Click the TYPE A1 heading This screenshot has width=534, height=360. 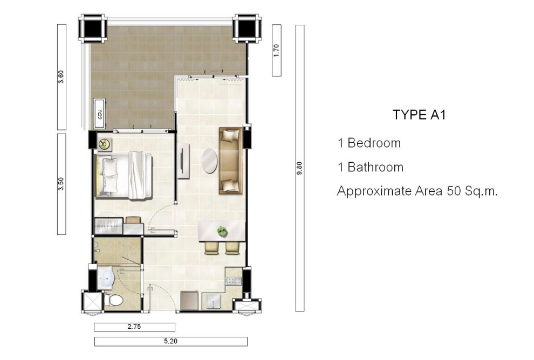pyautogui.click(x=419, y=115)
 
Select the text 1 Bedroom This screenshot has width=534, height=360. pyautogui.click(x=369, y=143)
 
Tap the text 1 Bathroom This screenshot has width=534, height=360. pyautogui.click(x=371, y=167)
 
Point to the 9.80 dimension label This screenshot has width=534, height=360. pyautogui.click(x=299, y=168)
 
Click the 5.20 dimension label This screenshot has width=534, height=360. pyautogui.click(x=170, y=341)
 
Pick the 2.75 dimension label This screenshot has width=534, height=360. pyautogui.click(x=134, y=327)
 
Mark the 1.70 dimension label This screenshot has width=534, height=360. pyautogui.click(x=276, y=50)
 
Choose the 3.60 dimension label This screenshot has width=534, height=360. pyautogui.click(x=61, y=77)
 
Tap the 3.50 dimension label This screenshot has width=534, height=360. pyautogui.click(x=61, y=184)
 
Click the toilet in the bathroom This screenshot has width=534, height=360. pyautogui.click(x=114, y=300)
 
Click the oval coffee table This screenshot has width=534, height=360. pyautogui.click(x=209, y=161)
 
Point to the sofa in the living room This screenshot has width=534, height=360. pyautogui.click(x=230, y=161)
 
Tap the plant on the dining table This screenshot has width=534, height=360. pyautogui.click(x=222, y=232)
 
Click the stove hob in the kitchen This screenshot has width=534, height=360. pyautogui.click(x=233, y=281)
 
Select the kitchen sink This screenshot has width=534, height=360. pyautogui.click(x=213, y=301)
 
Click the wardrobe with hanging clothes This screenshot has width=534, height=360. pyautogui.click(x=108, y=225)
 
